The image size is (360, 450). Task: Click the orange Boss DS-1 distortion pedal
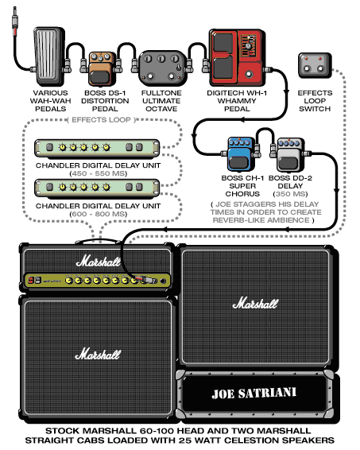(x=100, y=69)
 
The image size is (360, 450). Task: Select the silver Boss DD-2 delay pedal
(x=289, y=155)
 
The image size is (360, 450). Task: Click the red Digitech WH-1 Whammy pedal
(x=237, y=57)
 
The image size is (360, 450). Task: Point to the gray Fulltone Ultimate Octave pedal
(x=162, y=68)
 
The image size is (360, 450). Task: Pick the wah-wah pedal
(x=49, y=56)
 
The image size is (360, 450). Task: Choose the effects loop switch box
(x=315, y=65)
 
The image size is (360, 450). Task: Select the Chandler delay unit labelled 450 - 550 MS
(x=97, y=148)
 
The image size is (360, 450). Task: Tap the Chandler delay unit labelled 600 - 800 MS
(x=97, y=188)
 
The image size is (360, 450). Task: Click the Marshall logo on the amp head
(x=99, y=262)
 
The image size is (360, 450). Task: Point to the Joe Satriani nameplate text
(x=254, y=394)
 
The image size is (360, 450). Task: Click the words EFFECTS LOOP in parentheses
(x=101, y=120)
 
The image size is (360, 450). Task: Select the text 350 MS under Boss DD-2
(x=290, y=194)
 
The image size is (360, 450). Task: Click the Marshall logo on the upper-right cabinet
(x=255, y=304)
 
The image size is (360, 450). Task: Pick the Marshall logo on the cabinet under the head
(x=98, y=354)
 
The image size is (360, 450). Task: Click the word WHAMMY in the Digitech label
(x=237, y=101)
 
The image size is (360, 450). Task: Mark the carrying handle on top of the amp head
(x=98, y=241)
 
